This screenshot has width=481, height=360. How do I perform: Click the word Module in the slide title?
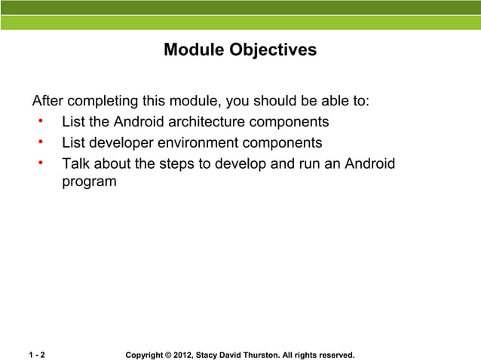click(191, 50)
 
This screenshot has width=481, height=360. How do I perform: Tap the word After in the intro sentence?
click(47, 102)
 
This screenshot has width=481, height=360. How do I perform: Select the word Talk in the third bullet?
click(76, 163)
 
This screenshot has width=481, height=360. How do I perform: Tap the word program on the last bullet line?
click(89, 182)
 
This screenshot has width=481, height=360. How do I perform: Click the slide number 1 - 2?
click(36, 355)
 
